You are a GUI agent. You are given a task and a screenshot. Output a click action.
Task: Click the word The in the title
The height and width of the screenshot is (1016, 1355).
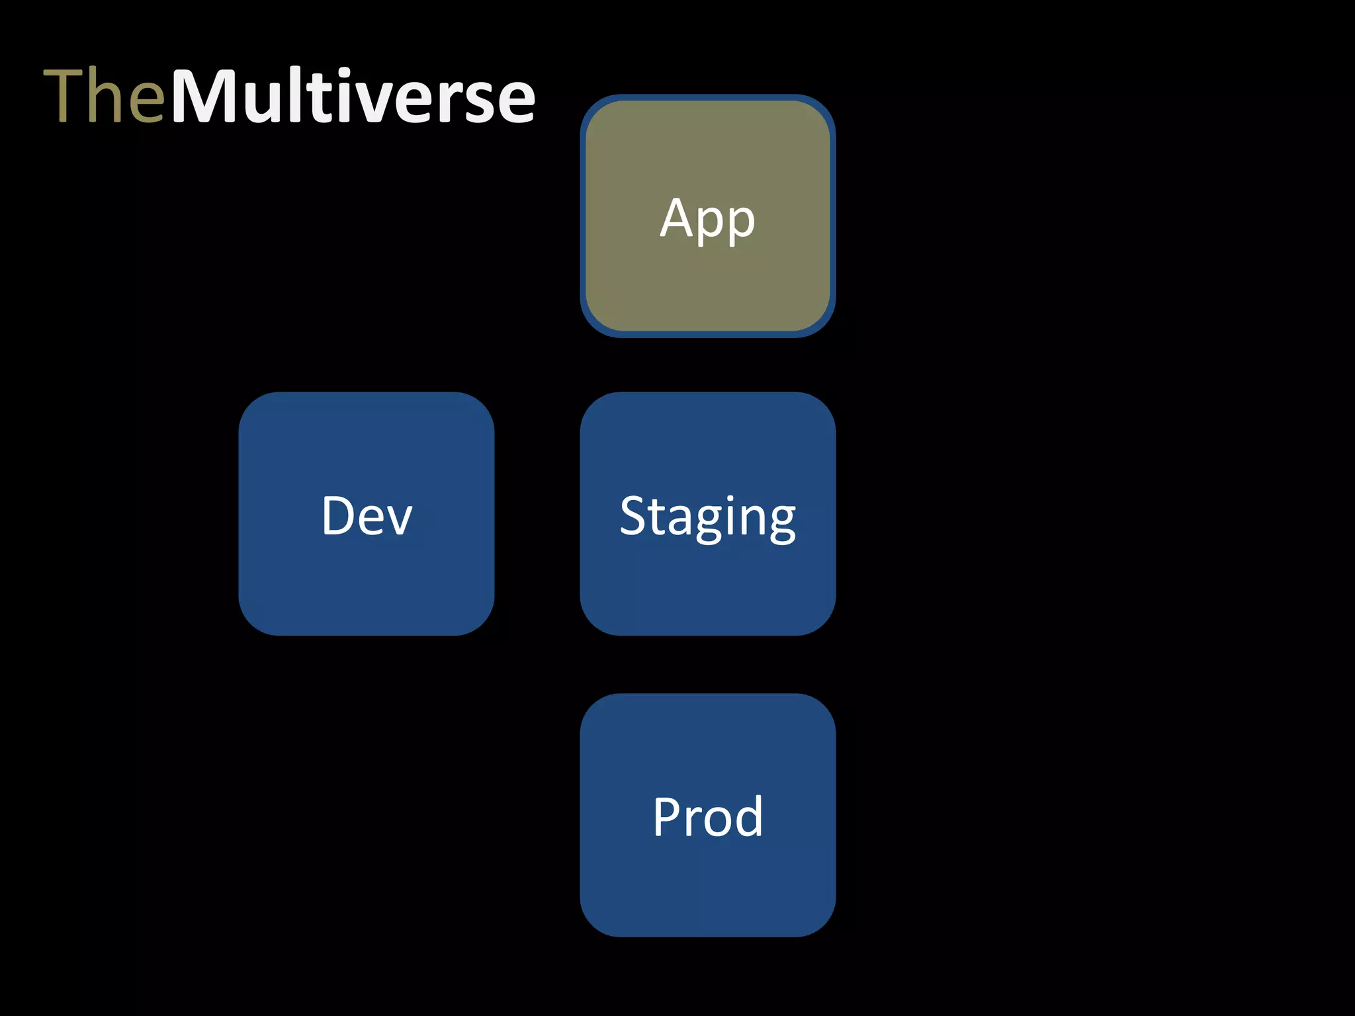[104, 96]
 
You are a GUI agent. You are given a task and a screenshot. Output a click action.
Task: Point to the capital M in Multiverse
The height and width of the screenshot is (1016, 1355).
[208, 96]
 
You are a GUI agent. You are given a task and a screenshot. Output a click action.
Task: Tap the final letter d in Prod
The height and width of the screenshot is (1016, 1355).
[748, 817]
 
